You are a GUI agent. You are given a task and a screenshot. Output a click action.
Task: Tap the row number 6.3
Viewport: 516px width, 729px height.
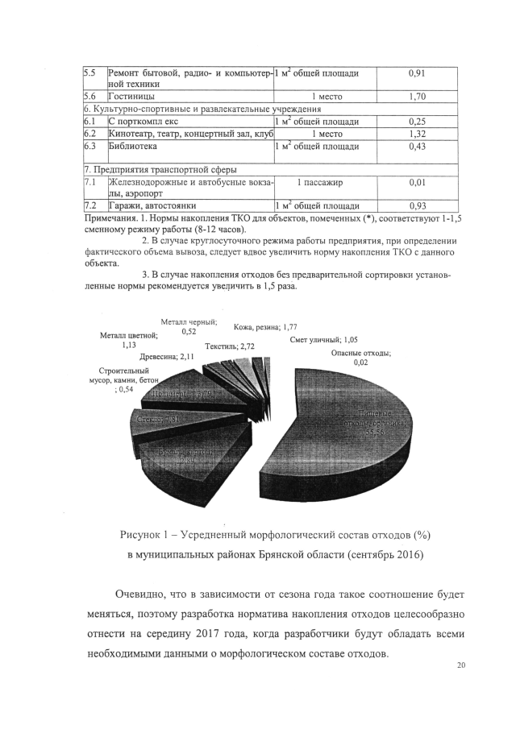tap(90, 147)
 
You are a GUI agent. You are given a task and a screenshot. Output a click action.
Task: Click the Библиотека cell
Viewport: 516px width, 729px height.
tap(134, 147)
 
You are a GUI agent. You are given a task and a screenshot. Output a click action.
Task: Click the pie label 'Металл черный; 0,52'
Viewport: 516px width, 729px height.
tap(189, 325)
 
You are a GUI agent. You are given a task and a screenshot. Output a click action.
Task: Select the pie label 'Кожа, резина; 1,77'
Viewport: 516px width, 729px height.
tap(265, 327)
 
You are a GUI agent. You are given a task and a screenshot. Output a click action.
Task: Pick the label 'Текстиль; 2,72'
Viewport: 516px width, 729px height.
tap(231, 346)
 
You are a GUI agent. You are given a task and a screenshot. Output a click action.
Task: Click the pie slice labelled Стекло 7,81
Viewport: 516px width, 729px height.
tap(161, 420)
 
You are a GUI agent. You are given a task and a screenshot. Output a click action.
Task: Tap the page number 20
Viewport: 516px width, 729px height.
tap(461, 665)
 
